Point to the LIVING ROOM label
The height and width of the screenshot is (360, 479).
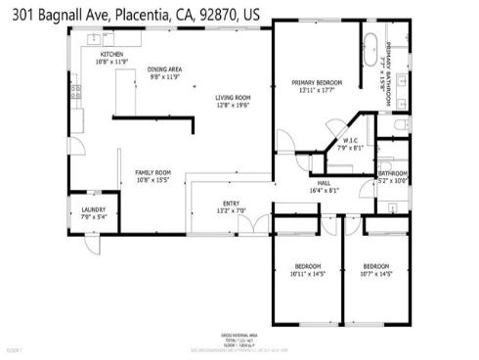coord(234,100)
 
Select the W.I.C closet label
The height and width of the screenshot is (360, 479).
coord(350,144)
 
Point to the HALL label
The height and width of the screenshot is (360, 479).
coord(323,186)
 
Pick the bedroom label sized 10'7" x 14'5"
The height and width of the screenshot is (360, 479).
coord(376,270)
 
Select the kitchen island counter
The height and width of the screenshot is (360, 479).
coord(122,95)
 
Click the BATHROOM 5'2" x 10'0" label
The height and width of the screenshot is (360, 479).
coord(392,176)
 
